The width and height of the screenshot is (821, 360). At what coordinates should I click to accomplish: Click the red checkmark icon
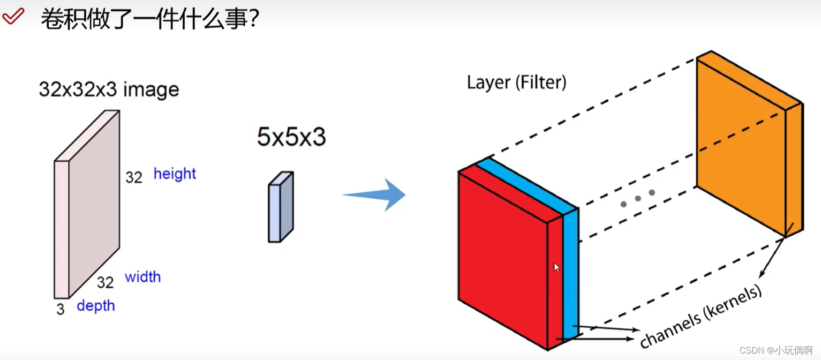13,17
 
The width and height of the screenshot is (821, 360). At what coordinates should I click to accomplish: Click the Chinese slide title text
150,19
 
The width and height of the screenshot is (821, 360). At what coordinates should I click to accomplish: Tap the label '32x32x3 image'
109,89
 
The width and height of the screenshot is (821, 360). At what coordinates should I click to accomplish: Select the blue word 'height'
175,174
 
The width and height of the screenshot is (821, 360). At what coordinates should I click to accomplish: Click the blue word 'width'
142,277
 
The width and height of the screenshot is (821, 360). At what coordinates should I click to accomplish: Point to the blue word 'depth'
96,306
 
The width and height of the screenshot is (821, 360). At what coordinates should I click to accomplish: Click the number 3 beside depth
61,309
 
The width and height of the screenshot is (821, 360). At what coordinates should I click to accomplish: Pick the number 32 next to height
134,177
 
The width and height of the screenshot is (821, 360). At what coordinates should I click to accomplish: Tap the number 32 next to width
106,282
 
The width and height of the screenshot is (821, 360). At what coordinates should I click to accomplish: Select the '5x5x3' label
291,138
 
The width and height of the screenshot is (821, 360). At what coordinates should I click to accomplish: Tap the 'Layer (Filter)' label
516,82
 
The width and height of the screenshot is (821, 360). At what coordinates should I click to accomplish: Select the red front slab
503,257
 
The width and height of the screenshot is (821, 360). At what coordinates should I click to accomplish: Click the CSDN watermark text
776,350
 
